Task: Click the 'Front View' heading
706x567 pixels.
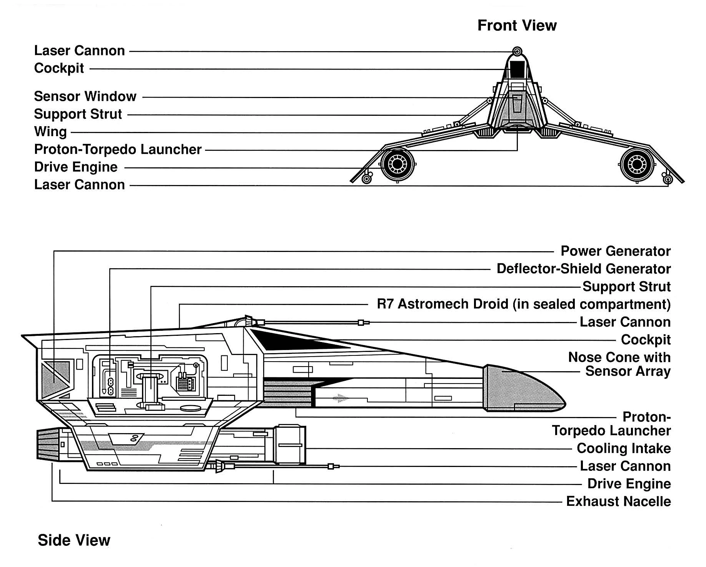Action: [x=517, y=25]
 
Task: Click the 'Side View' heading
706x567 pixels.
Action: [x=74, y=540]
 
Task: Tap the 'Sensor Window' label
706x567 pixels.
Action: [x=85, y=96]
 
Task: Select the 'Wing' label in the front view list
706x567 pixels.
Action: [x=50, y=132]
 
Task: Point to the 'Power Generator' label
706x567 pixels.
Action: [x=615, y=251]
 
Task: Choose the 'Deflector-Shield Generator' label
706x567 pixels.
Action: [x=583, y=268]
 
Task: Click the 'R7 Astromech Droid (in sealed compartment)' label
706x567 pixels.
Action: [x=523, y=304]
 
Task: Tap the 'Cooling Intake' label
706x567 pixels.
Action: [x=623, y=448]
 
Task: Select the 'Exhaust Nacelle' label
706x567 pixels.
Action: [x=618, y=501]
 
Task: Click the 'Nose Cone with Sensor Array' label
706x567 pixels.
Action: [x=619, y=364]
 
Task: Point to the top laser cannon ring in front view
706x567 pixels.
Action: [x=517, y=51]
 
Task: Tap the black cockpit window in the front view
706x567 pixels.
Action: [x=517, y=69]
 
